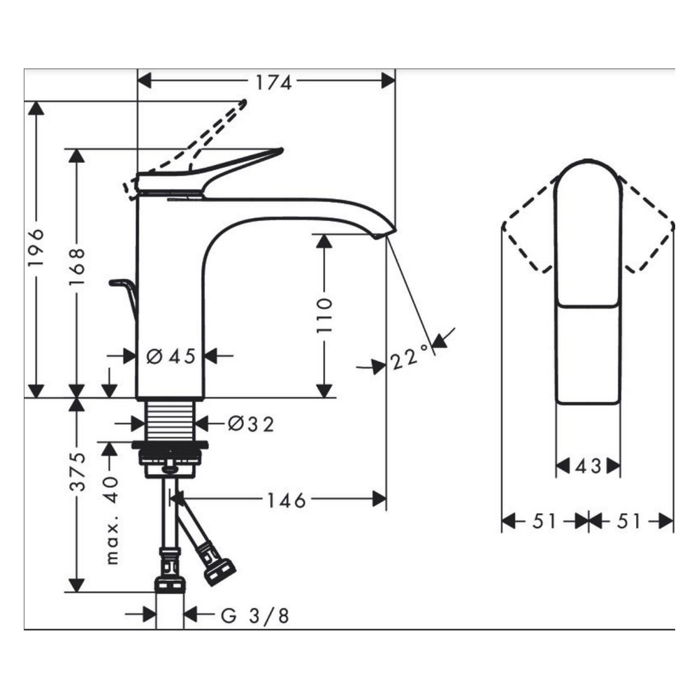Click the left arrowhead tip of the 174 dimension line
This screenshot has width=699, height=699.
(138, 81)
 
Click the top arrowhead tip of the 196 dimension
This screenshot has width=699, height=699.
(36, 101)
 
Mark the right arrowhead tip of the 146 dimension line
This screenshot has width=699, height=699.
(386, 499)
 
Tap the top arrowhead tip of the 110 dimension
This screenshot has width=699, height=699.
(324, 234)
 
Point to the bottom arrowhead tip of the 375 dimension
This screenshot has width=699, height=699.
(77, 592)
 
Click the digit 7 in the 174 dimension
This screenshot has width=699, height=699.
(273, 82)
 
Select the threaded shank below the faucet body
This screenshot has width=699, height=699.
(171, 420)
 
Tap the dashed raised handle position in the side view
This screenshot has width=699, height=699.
(187, 143)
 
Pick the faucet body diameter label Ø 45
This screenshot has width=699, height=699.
(171, 356)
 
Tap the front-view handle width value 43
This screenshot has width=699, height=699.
(588, 466)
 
